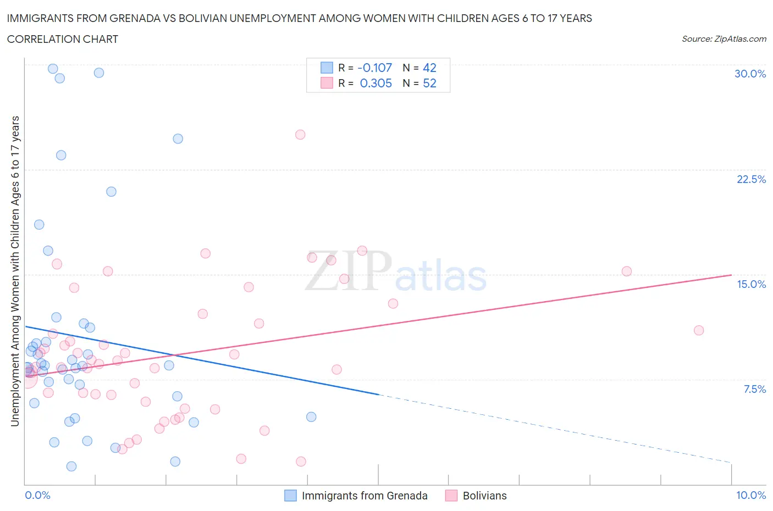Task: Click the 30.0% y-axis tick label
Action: point(750,74)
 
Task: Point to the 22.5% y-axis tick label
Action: point(751,179)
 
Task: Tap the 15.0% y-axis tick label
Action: point(751,284)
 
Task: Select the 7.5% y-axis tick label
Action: point(754,389)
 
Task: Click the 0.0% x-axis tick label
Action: point(37,495)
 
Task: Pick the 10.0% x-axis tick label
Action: point(751,495)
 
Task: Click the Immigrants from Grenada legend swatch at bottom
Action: point(290,496)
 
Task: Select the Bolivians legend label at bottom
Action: point(484,496)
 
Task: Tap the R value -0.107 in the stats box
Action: point(374,68)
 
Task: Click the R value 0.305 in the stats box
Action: point(376,83)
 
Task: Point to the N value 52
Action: point(429,83)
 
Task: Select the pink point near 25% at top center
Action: point(300,135)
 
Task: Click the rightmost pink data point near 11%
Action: point(699,330)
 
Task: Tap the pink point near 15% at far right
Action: point(626,271)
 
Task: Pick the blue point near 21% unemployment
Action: point(111,192)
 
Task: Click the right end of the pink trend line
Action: point(731,275)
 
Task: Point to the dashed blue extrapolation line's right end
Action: point(731,463)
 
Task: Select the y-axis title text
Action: point(15,271)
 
